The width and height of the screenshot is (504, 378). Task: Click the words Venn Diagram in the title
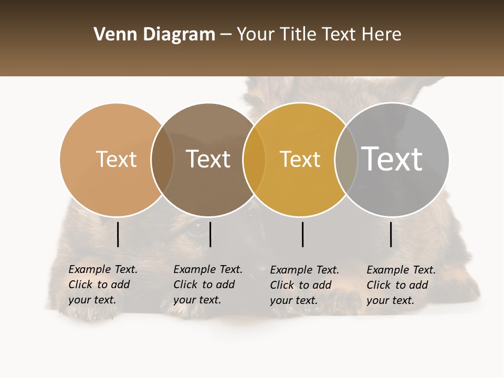pos(154,35)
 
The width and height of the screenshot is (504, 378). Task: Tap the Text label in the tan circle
pos(116,159)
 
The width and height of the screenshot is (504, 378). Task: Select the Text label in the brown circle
pos(208,159)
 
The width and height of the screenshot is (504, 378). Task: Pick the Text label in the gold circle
pos(300,159)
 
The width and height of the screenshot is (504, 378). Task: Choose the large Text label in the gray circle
pos(392,159)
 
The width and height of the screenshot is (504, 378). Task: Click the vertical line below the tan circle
pos(118,234)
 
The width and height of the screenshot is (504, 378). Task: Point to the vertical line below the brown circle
pos(210,234)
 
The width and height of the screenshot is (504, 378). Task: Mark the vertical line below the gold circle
pos(303,234)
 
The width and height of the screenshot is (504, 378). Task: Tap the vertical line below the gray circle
pos(391,234)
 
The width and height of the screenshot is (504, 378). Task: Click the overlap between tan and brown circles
pos(162,159)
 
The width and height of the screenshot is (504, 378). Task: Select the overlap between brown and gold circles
pos(254,159)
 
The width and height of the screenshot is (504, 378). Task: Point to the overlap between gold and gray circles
pos(346,159)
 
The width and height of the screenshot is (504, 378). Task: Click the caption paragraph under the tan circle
pos(103,285)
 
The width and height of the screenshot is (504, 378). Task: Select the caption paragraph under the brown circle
pos(208,285)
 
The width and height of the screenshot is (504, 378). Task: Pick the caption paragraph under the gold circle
pos(304,285)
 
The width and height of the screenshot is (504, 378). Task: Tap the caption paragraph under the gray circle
pos(401,285)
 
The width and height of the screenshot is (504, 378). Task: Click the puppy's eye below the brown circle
pos(197,228)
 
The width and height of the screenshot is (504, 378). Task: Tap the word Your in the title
pos(255,35)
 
